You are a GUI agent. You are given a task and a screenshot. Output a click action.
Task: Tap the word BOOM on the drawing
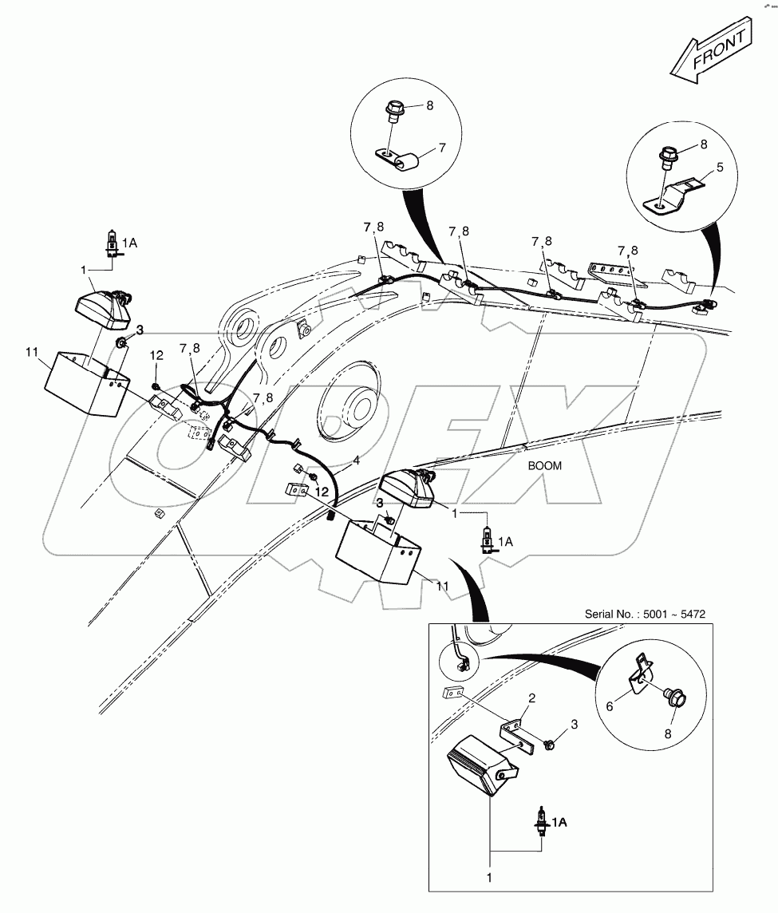tap(545, 467)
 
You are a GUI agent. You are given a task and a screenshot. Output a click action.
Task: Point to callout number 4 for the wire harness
tap(357, 460)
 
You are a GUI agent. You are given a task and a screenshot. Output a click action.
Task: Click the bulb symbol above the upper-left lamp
tap(112, 240)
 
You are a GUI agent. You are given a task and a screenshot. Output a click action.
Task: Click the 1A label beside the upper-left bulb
tap(129, 243)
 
